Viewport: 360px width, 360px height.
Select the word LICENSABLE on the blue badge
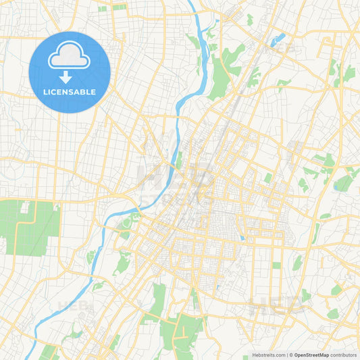(x=69, y=92)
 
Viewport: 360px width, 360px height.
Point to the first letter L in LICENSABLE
(x=45, y=92)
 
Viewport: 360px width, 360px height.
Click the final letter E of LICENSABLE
(x=93, y=92)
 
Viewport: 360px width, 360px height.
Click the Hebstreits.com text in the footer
(x=268, y=354)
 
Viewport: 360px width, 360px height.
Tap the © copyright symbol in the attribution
(x=292, y=354)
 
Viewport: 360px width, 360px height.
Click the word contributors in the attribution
(x=344, y=354)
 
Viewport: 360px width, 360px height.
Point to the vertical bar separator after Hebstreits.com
(x=287, y=354)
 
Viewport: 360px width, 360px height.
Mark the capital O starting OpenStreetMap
(x=297, y=354)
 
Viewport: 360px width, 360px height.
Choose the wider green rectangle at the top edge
(x=119, y=7)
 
